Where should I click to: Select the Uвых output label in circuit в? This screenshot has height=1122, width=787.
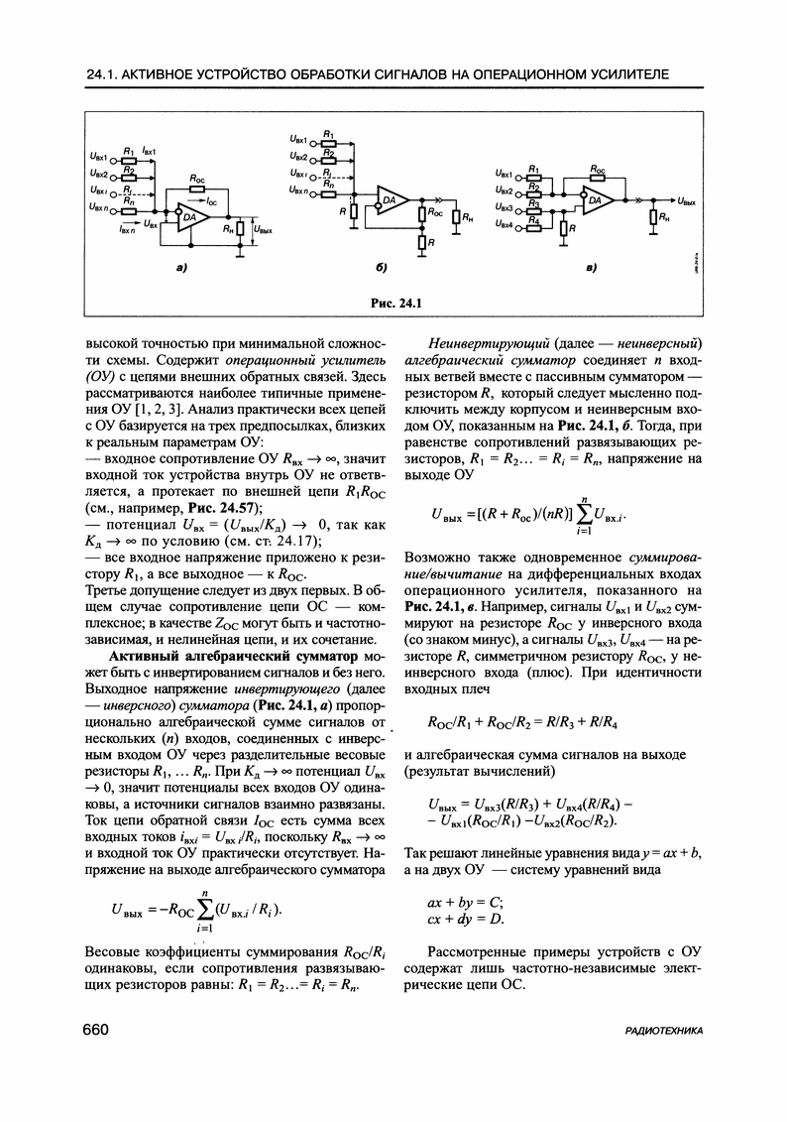(690, 201)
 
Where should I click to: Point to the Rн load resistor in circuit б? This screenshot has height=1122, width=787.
(456, 216)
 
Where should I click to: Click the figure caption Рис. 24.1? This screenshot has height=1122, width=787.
(393, 303)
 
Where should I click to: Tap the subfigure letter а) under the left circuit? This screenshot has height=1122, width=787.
(183, 268)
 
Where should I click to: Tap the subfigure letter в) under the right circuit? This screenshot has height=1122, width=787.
(591, 268)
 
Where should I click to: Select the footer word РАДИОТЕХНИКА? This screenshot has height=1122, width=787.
(665, 1032)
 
